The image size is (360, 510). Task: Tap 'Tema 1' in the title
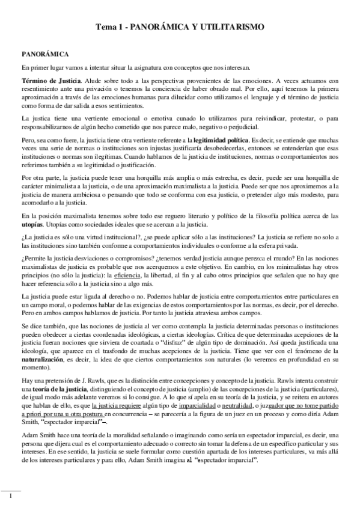click(112, 28)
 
